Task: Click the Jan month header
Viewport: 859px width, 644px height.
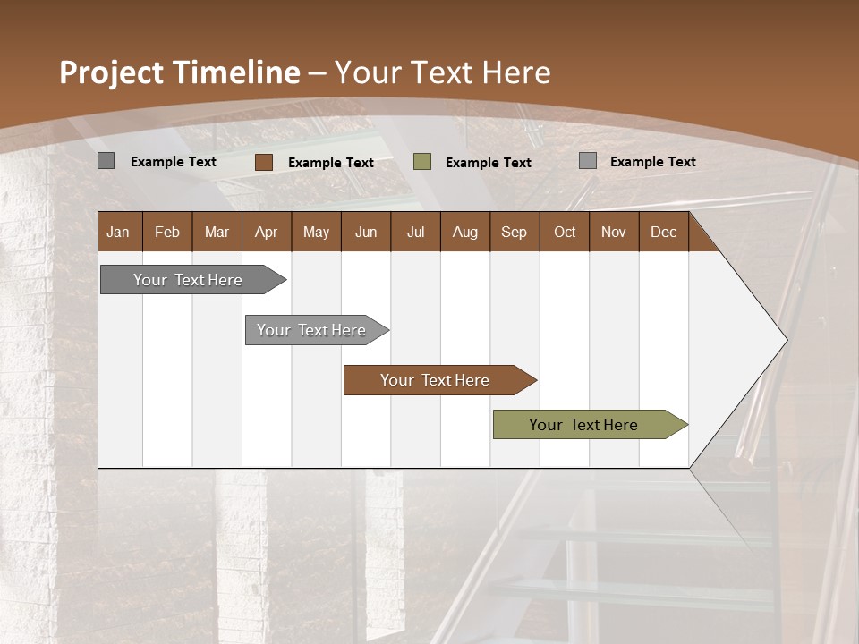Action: (x=119, y=232)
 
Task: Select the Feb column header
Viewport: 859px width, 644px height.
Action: (x=167, y=232)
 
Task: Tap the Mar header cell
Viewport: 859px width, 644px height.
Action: (x=217, y=232)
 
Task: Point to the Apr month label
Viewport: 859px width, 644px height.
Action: (x=267, y=232)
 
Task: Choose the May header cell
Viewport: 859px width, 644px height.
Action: (x=316, y=232)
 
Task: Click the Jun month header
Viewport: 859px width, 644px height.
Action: (x=366, y=232)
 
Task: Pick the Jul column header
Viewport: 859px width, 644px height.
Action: (x=415, y=232)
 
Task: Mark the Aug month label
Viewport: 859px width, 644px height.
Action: (x=465, y=232)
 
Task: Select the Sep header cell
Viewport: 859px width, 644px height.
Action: (x=515, y=232)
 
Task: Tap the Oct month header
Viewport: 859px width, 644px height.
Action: (x=565, y=232)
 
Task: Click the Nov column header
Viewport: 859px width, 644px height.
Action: (x=614, y=232)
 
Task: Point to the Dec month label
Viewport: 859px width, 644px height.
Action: (x=664, y=232)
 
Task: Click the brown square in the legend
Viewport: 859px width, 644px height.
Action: (x=264, y=162)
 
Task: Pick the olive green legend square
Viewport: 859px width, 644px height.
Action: (x=422, y=162)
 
